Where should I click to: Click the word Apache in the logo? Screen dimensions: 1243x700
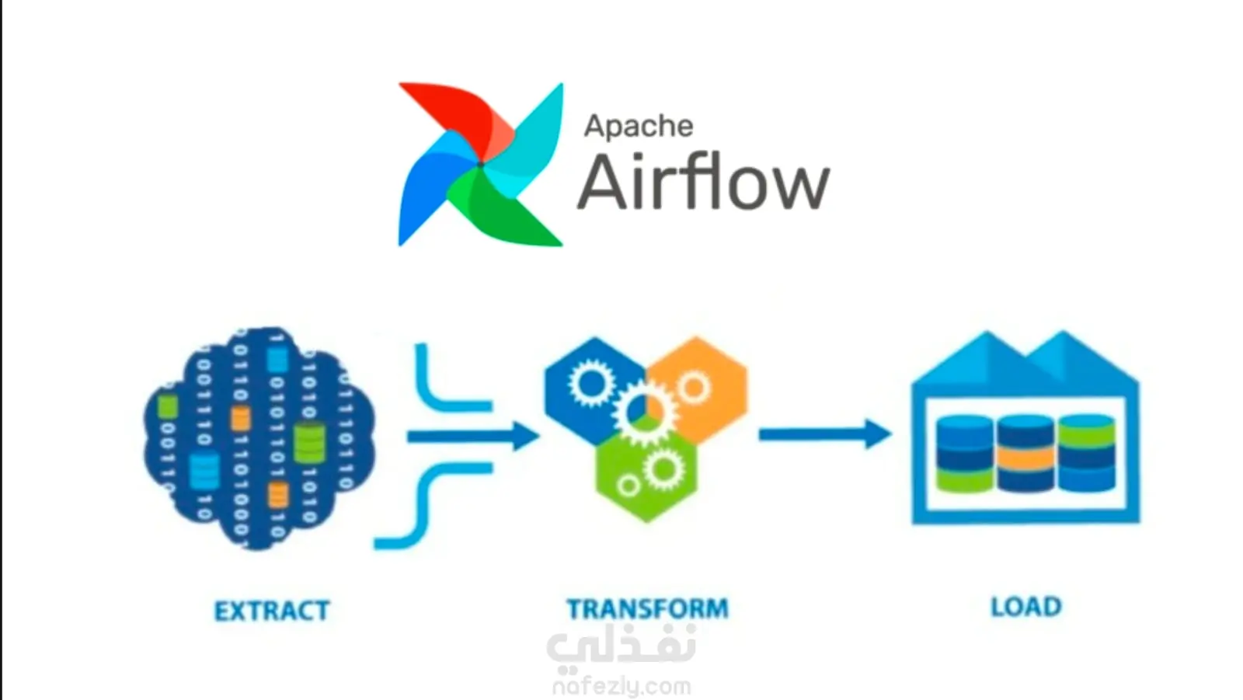639,127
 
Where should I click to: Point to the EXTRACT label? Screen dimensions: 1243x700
272,611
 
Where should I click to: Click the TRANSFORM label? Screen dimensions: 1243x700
648,608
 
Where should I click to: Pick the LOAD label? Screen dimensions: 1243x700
1026,606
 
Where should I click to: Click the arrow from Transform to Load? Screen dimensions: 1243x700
825,434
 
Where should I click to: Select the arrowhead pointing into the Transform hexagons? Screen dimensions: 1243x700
524,437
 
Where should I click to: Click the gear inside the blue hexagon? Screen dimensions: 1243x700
591,382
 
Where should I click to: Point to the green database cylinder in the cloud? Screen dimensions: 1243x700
308,442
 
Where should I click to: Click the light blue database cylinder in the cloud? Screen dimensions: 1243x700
204,472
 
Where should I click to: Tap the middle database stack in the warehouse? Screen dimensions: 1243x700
1025,454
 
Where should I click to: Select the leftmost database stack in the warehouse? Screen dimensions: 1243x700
964,454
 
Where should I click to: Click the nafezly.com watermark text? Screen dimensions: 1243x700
621,687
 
